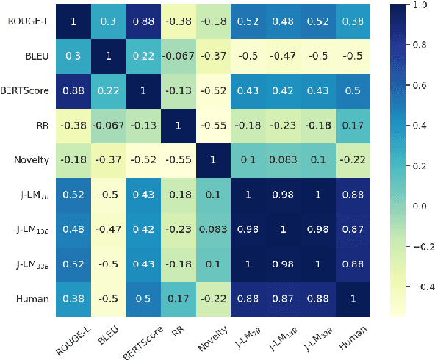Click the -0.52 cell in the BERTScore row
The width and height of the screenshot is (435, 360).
pos(212,89)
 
